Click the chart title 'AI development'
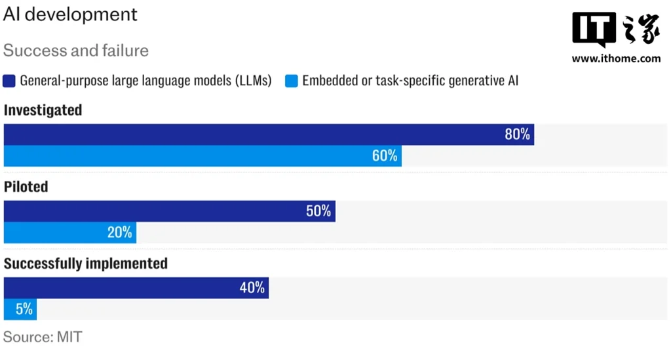70,14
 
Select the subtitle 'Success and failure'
76,50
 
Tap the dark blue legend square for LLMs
9,81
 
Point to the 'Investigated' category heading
43,110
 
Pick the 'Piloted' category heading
26,187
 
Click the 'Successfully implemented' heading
86,264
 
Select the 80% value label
517,134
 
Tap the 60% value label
385,156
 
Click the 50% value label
318,211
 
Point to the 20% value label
120,233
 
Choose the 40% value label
252,288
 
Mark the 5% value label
24,310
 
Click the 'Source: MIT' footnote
43,337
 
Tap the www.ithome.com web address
616,58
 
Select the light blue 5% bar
20,310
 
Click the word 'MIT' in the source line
69,337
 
